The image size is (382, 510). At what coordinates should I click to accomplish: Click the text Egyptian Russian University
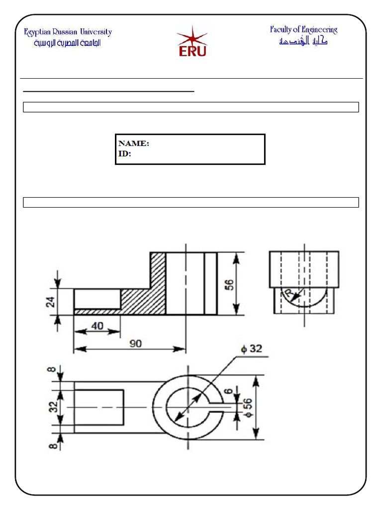click(68, 32)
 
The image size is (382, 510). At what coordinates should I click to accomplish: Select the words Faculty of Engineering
click(303, 30)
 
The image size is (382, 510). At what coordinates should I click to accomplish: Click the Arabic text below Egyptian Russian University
click(68, 43)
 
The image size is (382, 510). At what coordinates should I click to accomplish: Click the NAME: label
click(134, 143)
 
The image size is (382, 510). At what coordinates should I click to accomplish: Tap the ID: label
click(125, 154)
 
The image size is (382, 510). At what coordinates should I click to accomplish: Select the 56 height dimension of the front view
click(229, 285)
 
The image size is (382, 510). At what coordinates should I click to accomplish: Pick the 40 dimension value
click(97, 326)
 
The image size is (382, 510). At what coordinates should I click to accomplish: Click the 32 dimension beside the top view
click(53, 407)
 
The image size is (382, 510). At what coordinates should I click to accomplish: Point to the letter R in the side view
click(287, 295)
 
